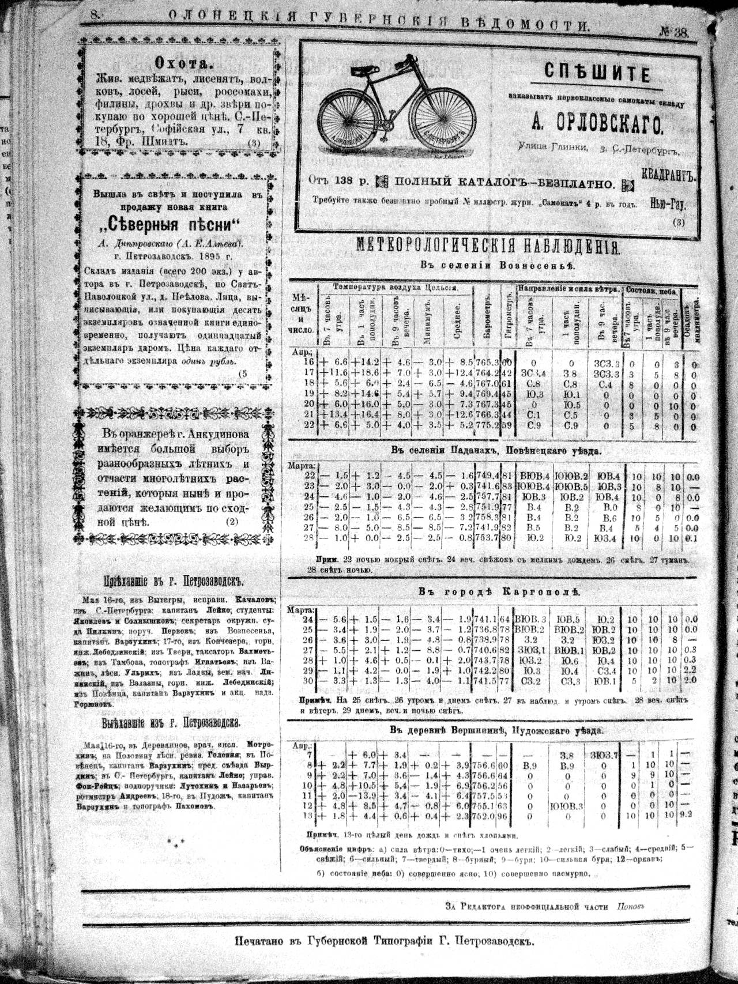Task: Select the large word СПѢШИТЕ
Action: click(x=597, y=74)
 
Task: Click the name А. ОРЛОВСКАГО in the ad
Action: click(x=598, y=123)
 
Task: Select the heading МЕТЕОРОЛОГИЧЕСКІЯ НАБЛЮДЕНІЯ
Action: click(x=487, y=247)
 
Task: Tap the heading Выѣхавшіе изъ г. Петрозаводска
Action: click(x=171, y=723)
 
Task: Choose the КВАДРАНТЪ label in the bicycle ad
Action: click(x=669, y=176)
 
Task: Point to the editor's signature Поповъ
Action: click(x=630, y=907)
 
